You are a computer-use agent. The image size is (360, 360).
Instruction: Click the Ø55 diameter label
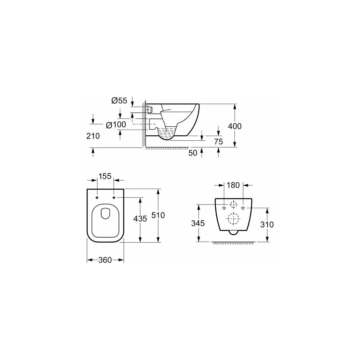coord(119,100)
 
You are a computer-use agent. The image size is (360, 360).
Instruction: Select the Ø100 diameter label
coord(116,125)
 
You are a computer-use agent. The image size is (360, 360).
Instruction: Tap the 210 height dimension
coord(93,136)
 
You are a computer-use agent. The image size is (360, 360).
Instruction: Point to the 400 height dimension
coord(235,126)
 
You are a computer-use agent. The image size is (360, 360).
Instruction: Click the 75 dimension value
coord(219,141)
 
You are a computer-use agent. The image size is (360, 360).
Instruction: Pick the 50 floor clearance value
coord(193,153)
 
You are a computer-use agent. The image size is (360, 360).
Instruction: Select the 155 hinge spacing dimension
coord(105,176)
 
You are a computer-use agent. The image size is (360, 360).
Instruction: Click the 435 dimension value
coord(140,219)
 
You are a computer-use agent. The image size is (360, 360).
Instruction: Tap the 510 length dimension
coord(158,215)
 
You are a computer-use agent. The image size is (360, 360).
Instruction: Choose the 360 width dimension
coord(105,260)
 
